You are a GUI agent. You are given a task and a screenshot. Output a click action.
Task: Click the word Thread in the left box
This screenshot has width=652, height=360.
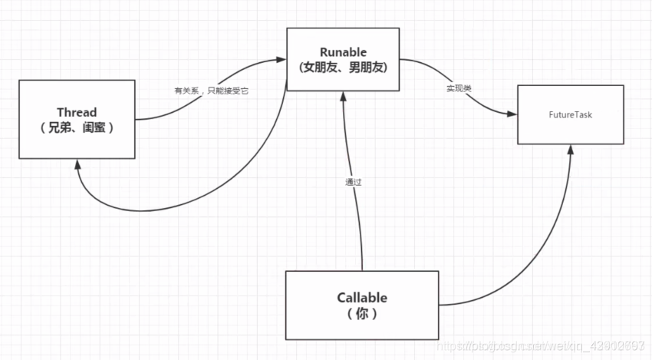pyautogui.click(x=77, y=113)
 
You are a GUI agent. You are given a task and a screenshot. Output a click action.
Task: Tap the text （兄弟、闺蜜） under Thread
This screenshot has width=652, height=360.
pyautogui.click(x=77, y=128)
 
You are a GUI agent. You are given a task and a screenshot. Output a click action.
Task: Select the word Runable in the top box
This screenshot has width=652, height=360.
pyautogui.click(x=343, y=51)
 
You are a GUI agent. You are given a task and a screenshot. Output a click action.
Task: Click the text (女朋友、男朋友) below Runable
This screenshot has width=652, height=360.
pyautogui.click(x=343, y=67)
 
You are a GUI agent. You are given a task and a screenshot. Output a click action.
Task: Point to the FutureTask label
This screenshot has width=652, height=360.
pyautogui.click(x=570, y=115)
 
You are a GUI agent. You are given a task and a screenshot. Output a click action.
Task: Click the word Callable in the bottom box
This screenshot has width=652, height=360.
pyautogui.click(x=362, y=298)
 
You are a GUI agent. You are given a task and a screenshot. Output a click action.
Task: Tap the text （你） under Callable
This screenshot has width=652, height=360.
pyautogui.click(x=362, y=314)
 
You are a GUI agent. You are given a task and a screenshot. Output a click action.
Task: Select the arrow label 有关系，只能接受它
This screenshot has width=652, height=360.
pyautogui.click(x=212, y=91)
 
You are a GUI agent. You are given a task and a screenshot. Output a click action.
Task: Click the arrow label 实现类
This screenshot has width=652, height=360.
pyautogui.click(x=459, y=89)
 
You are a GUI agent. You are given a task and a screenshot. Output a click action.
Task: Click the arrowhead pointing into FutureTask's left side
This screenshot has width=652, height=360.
pyautogui.click(x=513, y=114)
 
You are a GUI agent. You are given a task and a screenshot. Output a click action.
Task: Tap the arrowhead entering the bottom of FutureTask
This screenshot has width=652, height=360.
pyautogui.click(x=570, y=149)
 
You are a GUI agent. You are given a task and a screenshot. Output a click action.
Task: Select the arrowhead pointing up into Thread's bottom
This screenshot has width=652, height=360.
pyautogui.click(x=77, y=163)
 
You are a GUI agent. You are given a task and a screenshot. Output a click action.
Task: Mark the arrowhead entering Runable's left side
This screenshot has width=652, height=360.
pyautogui.click(x=282, y=58)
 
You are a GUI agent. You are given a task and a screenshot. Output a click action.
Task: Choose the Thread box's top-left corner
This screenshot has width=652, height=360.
pyautogui.click(x=19, y=80)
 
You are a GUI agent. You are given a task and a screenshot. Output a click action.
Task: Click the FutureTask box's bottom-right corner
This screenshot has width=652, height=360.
pyautogui.click(x=622, y=144)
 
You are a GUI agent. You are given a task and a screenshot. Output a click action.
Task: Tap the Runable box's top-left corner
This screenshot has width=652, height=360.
pyautogui.click(x=287, y=28)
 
